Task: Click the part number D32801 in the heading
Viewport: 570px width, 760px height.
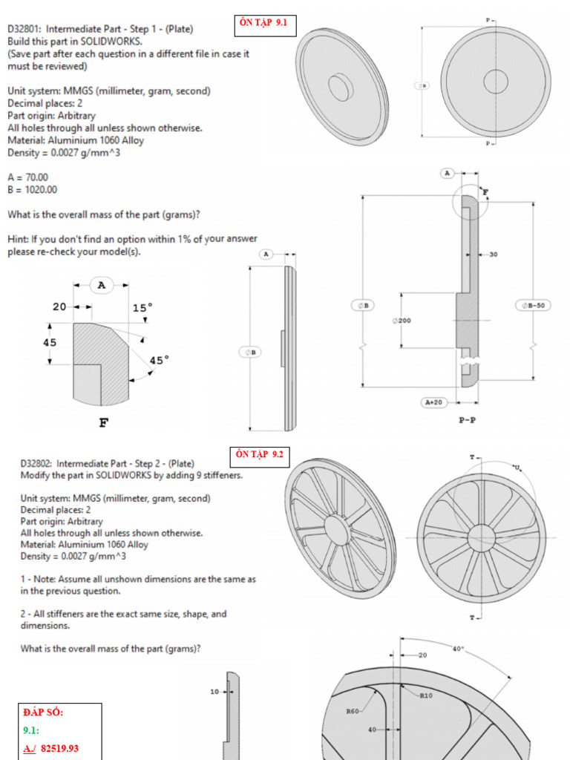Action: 24,29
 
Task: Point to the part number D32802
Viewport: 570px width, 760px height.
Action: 36,463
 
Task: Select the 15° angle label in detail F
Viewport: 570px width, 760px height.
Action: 143,307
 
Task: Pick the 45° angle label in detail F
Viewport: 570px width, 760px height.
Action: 159,360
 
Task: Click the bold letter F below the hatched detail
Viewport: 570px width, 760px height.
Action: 103,424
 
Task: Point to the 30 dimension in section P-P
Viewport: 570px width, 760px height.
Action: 493,255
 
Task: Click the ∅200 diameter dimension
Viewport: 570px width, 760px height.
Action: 402,321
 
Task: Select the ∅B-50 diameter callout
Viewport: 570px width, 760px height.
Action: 531,305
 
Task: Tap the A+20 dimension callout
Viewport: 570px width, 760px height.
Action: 433,402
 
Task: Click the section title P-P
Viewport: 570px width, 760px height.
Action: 468,419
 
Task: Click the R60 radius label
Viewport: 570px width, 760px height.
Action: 353,710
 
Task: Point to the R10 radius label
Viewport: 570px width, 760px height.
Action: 426,696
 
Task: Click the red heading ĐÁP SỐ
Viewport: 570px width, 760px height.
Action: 43,712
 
